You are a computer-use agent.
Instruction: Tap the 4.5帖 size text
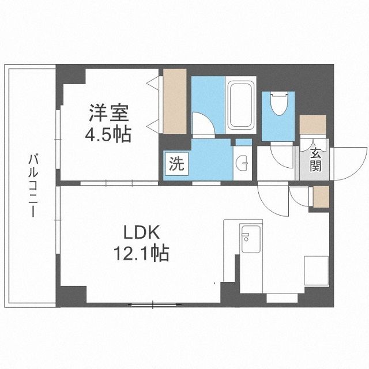[110, 135]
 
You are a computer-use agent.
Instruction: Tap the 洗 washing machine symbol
[175, 164]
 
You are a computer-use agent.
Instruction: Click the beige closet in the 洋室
[175, 101]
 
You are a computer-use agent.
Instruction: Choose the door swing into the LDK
[272, 199]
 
